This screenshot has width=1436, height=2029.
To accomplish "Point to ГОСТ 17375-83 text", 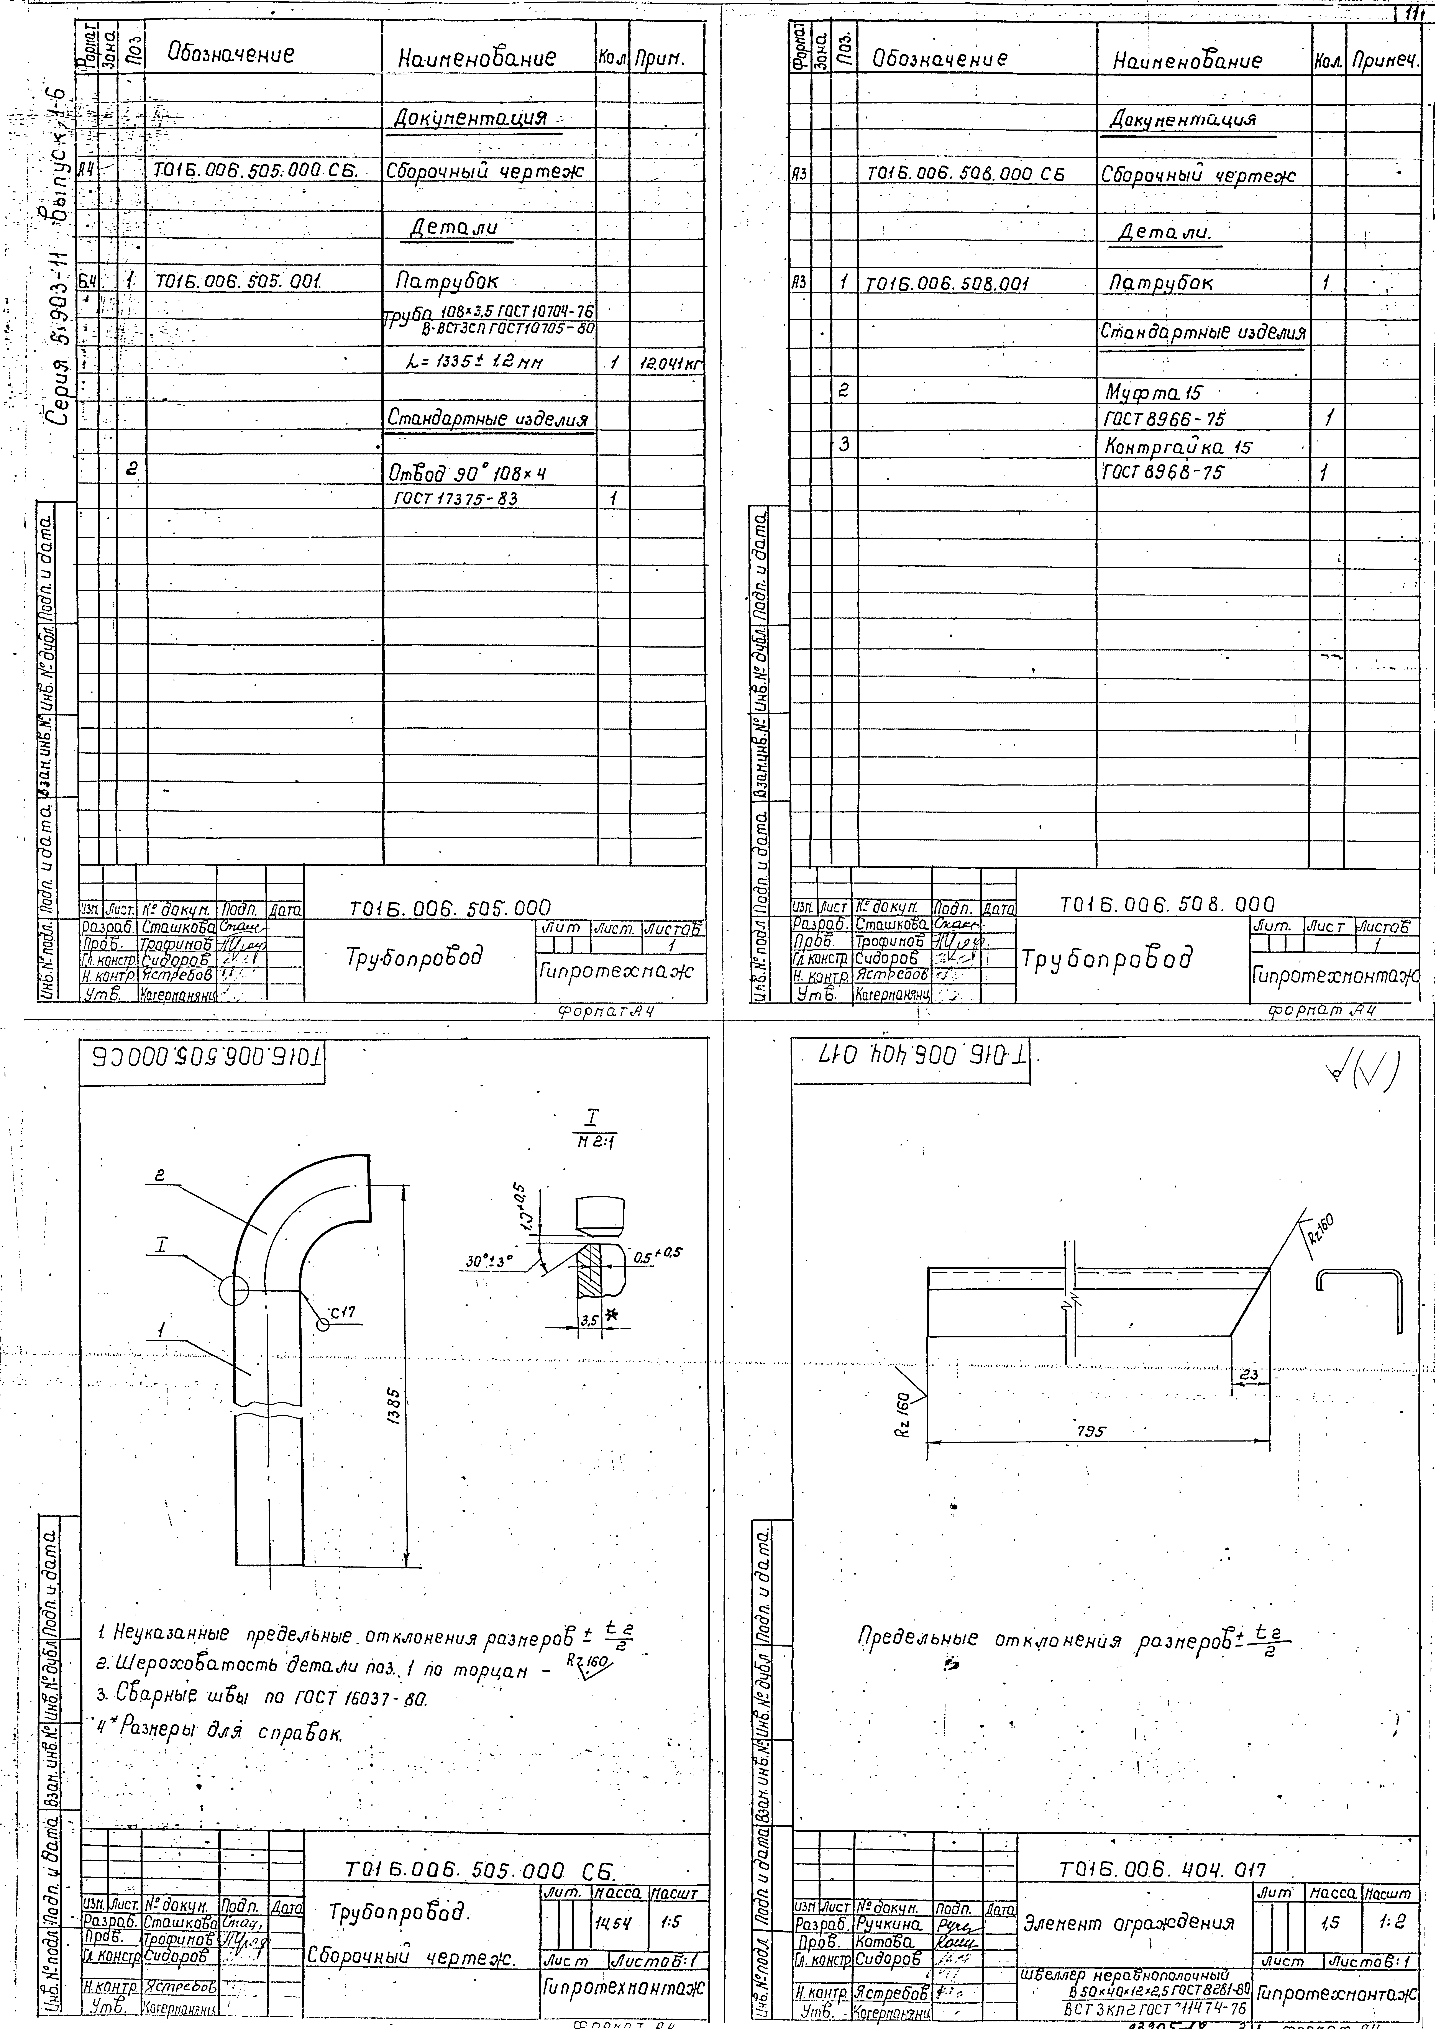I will coord(455,499).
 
